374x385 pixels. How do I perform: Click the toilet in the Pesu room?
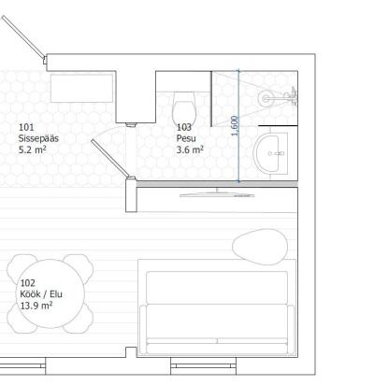coord(184,107)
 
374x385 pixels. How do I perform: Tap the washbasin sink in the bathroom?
coord(270,153)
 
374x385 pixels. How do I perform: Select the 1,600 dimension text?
coord(235,126)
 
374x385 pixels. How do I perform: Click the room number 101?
coord(26,127)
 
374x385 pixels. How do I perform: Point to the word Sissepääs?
coord(38,138)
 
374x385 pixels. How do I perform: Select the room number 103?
coord(184,127)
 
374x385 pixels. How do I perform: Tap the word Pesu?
coord(186,138)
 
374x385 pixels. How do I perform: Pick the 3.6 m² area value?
coord(190,150)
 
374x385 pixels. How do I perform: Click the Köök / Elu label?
coord(41,294)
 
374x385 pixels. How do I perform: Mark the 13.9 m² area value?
coord(36,306)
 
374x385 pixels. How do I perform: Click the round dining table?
coord(50,293)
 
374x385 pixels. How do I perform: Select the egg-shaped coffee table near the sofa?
coord(260,247)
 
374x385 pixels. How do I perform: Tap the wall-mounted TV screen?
coord(217,194)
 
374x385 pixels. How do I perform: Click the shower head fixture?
coord(265,98)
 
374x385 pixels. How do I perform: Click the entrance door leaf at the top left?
coord(23,36)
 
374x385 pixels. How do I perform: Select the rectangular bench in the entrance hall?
coord(81,88)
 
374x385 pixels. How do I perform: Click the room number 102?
coord(28,283)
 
